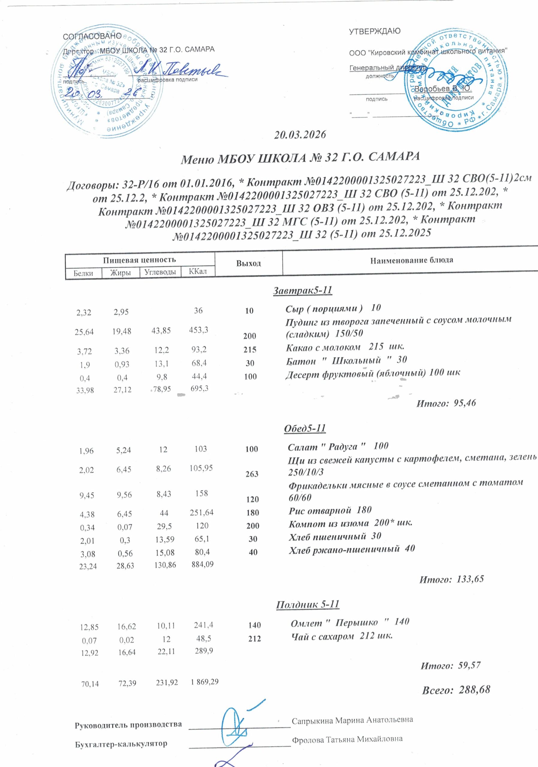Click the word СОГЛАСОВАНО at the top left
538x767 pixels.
92,36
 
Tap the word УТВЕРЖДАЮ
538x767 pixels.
374,32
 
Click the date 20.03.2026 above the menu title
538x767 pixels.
300,135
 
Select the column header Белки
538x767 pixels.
83,273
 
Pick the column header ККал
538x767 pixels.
198,271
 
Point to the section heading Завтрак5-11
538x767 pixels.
302,290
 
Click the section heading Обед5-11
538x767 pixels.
305,428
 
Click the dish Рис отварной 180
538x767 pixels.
330,510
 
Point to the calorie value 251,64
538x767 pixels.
201,512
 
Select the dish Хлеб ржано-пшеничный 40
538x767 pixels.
352,549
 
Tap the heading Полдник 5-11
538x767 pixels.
308,595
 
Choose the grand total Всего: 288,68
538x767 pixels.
456,690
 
